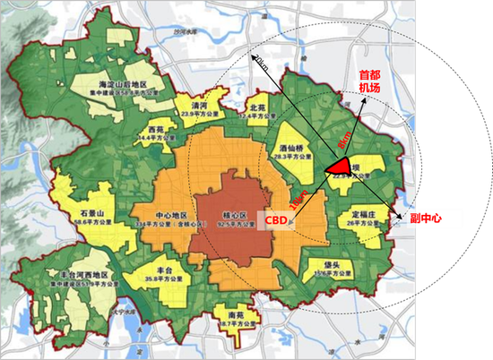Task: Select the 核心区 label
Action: click(234, 217)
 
